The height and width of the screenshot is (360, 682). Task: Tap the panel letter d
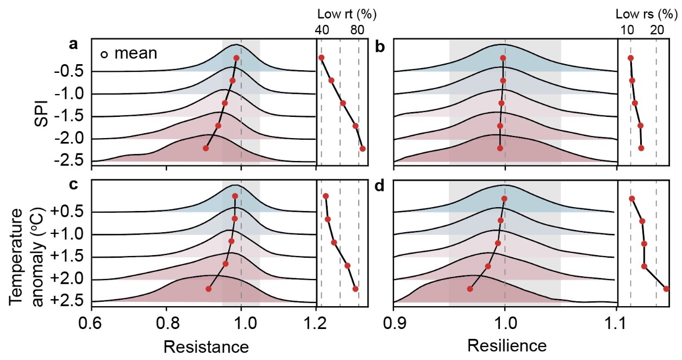point(379,185)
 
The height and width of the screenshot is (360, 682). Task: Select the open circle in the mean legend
point(104,54)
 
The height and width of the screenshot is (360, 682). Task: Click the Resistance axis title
point(206,346)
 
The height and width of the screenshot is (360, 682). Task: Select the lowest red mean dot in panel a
point(206,148)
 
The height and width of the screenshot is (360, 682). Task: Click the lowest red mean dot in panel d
point(470,289)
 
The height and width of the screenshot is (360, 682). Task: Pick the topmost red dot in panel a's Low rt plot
point(321,58)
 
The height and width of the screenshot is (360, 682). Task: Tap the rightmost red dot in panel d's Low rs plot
point(666,289)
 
